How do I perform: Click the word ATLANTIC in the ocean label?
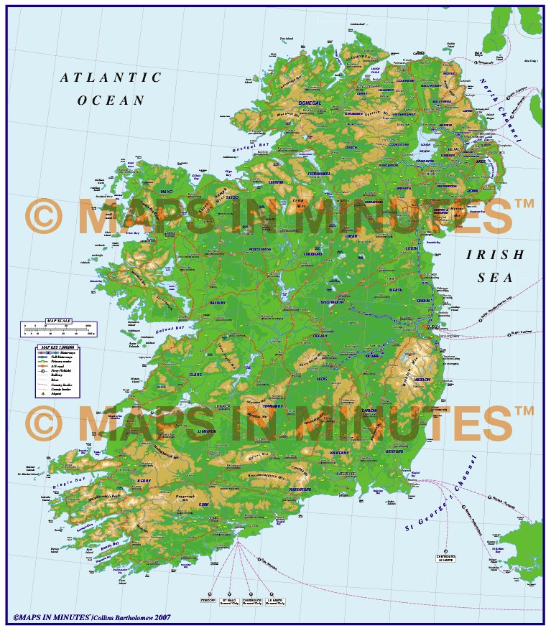click(x=111, y=78)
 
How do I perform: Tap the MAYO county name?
click(x=167, y=192)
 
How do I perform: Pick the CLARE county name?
click(x=195, y=374)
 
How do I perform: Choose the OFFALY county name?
click(x=320, y=335)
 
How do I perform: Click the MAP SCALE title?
click(x=58, y=320)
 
